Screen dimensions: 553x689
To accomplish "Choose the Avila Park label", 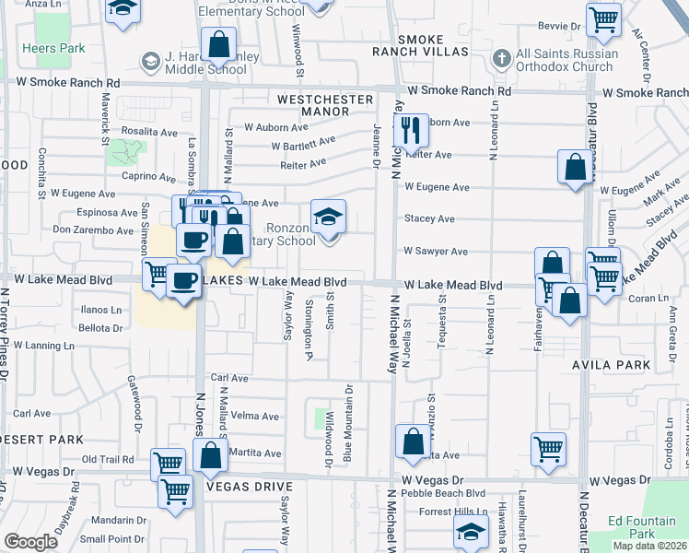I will (624, 365).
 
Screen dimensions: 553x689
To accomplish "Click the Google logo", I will (30, 542).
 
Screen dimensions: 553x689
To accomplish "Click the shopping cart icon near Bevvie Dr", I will (603, 18).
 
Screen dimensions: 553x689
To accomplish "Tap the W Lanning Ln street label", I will (43, 346).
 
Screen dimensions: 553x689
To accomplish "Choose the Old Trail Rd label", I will (108, 459).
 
